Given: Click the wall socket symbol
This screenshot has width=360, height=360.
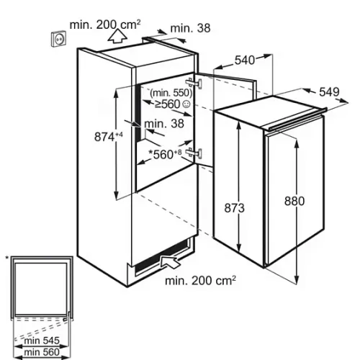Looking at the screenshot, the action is coord(58,38).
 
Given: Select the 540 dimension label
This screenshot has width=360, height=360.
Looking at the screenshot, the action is coord(245,60).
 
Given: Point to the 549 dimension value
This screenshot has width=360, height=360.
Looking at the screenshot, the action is coord(329,92).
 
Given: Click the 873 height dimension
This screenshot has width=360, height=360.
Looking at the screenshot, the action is coord(234,208).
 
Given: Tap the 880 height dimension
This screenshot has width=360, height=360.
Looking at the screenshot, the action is coord(294,201).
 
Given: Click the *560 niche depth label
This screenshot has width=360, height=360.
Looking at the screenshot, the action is coord(165,154).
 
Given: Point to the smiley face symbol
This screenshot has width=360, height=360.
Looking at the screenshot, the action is coord(186,104).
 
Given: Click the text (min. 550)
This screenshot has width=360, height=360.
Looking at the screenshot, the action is coord(171,93).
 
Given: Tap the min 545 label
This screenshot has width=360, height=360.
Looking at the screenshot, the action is coord(42,341).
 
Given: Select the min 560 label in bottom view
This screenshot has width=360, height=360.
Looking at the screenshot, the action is coord(42,352).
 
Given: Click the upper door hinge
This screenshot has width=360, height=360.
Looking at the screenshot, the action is coord(194,84).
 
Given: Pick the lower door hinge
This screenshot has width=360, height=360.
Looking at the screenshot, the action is coord(194,153).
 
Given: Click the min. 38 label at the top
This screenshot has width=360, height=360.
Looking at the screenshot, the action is coord(190,28).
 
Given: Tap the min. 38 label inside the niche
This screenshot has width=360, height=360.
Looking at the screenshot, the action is coord(164,124).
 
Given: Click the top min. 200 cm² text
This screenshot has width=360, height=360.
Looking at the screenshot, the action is coord(105,24).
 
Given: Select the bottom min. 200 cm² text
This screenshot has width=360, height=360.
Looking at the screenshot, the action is coord(201,281).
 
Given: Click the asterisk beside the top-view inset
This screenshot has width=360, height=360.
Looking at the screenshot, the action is coord(7,258).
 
